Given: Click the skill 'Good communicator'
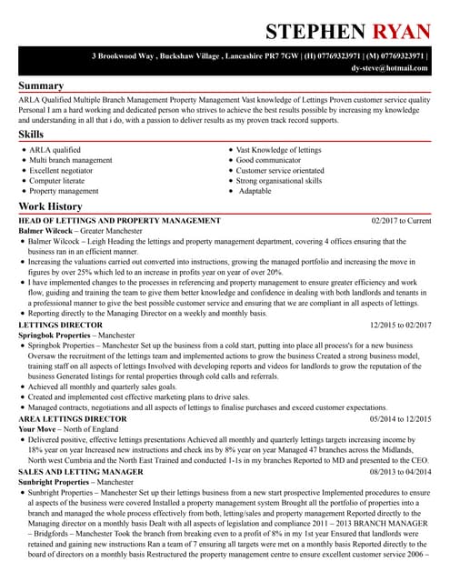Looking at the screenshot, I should point(272,160).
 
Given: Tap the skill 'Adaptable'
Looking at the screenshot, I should point(255,191).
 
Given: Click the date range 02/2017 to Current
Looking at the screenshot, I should point(402,221).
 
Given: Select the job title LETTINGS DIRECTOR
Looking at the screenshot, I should point(60,325).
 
